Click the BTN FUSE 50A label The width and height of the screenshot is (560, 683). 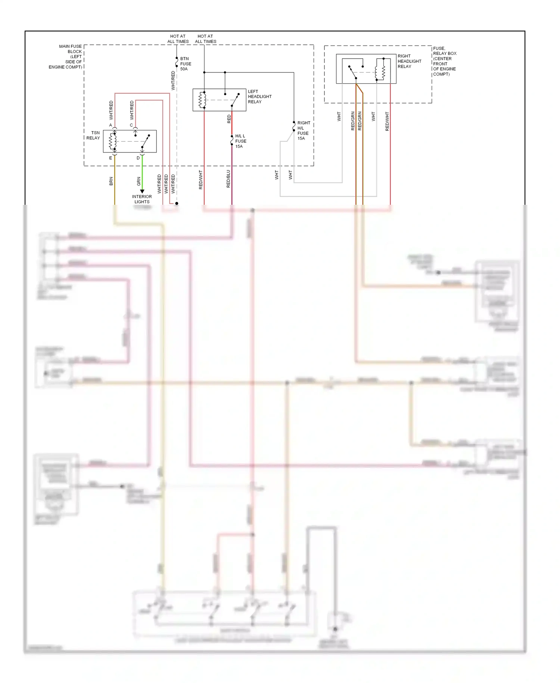(186, 64)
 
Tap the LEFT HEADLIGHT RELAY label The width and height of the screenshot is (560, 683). (259, 96)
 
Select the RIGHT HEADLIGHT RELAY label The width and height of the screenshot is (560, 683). (409, 61)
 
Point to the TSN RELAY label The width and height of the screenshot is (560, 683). (93, 135)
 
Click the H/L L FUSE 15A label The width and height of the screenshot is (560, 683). (240, 141)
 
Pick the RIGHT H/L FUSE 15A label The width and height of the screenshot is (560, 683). (303, 130)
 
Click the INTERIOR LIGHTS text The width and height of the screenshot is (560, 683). (142, 199)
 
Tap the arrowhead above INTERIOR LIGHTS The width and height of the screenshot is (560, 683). (142, 191)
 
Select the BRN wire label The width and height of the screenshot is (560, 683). (111, 181)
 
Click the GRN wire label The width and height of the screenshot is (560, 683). (139, 181)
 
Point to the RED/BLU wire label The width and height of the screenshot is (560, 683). (228, 179)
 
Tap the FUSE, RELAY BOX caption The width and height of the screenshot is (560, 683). (444, 61)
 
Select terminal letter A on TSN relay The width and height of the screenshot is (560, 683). (111, 125)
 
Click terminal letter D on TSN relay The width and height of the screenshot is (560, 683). (138, 158)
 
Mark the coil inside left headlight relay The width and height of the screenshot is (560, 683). (202, 100)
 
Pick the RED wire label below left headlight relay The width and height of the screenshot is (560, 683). (229, 119)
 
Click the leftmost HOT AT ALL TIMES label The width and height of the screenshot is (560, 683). (178, 39)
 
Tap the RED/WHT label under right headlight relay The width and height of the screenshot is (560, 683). (387, 121)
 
